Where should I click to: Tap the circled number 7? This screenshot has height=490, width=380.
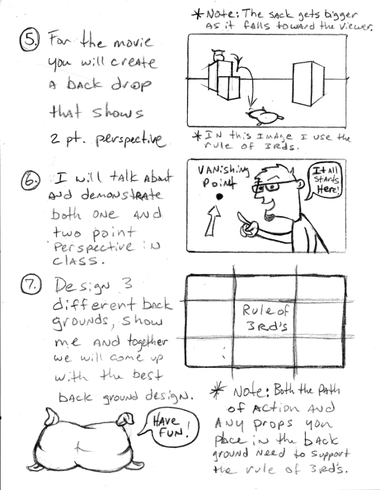pyautogui.click(x=31, y=285)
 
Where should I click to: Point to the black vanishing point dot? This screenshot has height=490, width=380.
pyautogui.click(x=220, y=197)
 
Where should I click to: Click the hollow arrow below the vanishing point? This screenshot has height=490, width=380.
pyautogui.click(x=213, y=220)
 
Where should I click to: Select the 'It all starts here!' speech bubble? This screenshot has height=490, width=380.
pyautogui.click(x=323, y=181)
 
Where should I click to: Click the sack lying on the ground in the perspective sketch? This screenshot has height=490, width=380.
pyautogui.click(x=266, y=116)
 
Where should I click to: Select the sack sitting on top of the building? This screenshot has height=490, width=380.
pyautogui.click(x=218, y=55)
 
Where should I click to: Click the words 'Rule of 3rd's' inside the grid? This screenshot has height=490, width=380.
pyautogui.click(x=266, y=318)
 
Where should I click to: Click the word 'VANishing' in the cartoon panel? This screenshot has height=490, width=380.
pyautogui.click(x=224, y=170)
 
